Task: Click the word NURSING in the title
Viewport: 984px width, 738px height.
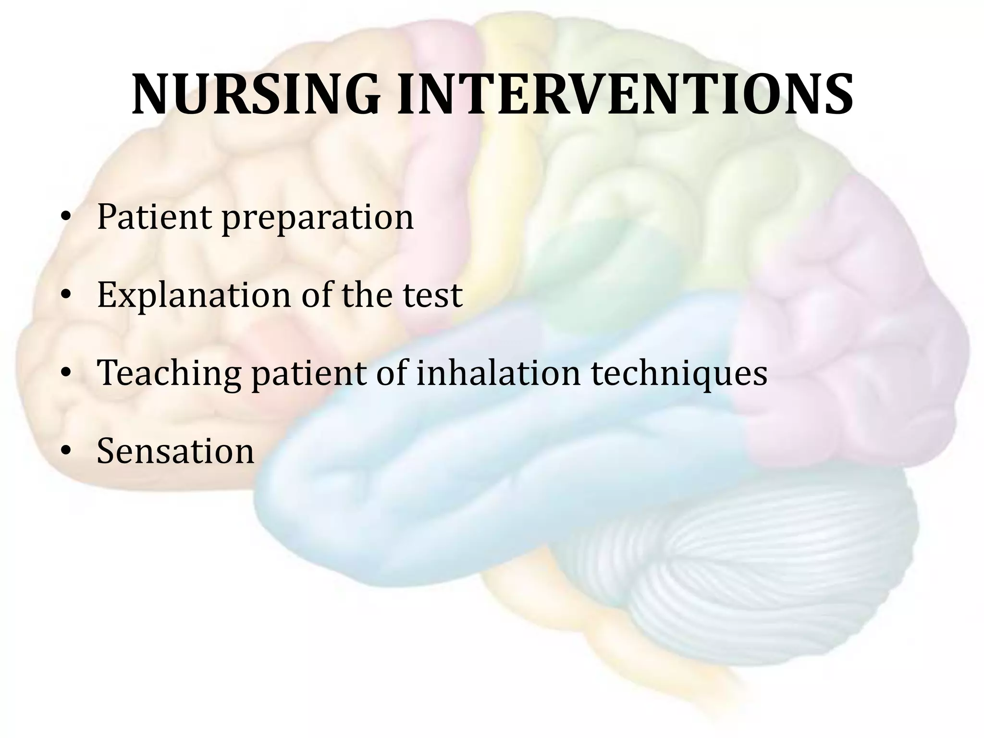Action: (256, 95)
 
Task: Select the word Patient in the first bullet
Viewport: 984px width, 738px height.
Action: (154, 217)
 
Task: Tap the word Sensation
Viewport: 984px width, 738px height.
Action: (175, 451)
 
